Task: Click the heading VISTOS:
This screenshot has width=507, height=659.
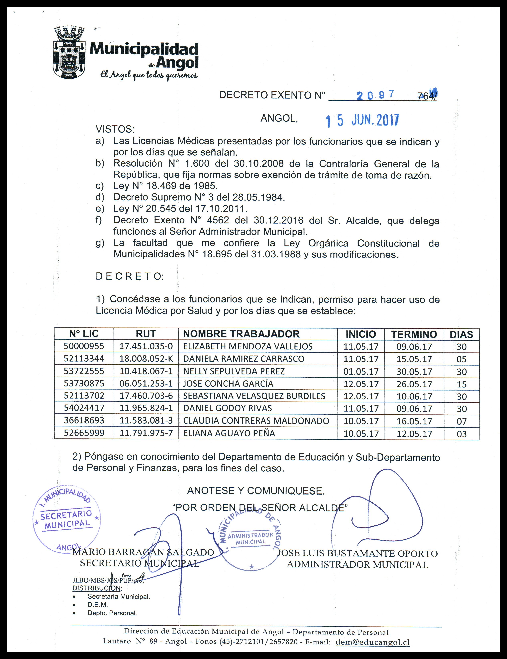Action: (115, 129)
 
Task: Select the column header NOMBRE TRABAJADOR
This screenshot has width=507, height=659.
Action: (241, 334)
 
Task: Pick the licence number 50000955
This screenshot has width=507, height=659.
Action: (84, 346)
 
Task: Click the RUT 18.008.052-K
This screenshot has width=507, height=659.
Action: (146, 359)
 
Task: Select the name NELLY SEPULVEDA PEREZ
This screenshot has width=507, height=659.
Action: (234, 371)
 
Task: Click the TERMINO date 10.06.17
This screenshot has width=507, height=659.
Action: (414, 396)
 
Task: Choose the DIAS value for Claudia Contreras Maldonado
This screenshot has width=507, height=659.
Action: (461, 421)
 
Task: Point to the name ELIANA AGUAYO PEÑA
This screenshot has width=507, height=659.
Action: (229, 433)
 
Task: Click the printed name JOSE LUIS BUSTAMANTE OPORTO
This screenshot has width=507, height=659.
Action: (357, 553)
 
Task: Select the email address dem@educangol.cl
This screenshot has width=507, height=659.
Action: (372, 642)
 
